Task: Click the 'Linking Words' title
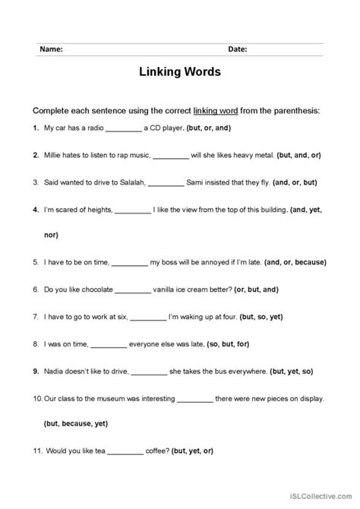pyautogui.click(x=179, y=74)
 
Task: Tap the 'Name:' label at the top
pyautogui.click(x=51, y=49)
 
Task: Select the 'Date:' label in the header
pyautogui.click(x=236, y=49)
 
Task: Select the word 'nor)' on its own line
pyautogui.click(x=51, y=236)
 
